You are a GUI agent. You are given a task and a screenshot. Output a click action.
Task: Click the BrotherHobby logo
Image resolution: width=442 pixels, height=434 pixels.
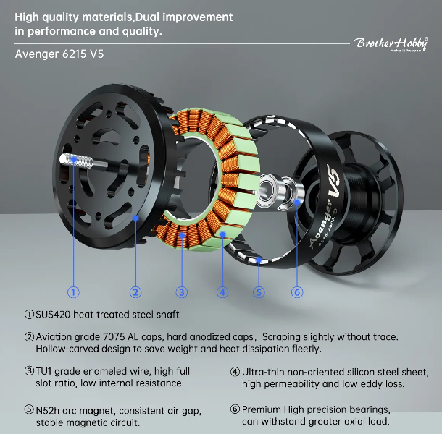[391, 44]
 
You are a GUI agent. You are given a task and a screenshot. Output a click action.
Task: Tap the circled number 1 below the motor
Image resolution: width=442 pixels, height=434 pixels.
[73, 292]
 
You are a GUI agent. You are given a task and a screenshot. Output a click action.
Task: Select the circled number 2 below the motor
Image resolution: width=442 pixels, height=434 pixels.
[135, 292]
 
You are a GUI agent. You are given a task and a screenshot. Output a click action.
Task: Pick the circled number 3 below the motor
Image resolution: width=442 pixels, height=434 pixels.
[182, 292]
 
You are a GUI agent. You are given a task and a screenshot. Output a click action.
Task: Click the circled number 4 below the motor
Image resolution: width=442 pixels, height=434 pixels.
[222, 292]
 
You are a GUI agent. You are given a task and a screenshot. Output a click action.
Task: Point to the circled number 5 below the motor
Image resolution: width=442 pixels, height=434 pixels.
[259, 292]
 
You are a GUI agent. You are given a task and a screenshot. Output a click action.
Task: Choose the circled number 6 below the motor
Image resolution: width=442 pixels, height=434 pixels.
[297, 292]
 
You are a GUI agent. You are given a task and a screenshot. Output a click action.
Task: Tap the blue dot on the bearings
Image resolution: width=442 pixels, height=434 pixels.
[297, 202]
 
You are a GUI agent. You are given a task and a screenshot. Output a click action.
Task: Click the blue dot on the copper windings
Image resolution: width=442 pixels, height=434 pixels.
[182, 235]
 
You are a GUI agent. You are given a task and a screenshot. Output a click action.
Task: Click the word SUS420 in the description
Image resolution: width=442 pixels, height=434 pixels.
[53, 315]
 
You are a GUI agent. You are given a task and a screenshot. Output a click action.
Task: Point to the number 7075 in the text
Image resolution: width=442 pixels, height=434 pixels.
[114, 337]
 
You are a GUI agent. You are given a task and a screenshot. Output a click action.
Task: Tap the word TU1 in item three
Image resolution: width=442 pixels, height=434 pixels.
[43, 371]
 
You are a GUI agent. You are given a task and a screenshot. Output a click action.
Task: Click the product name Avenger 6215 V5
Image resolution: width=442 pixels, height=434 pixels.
[59, 54]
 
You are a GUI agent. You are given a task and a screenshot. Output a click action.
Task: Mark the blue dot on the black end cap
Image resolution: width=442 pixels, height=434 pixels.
[136, 218]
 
